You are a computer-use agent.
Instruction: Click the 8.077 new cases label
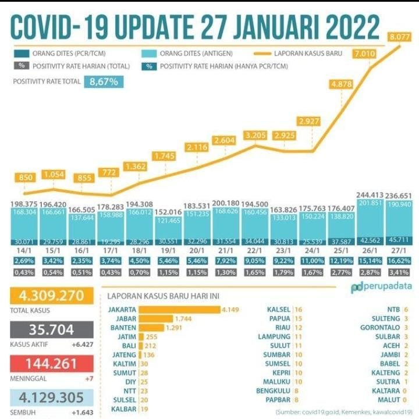point(400,37)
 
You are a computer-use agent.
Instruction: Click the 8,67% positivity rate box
point(105,82)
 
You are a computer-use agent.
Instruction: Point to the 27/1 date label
point(399,248)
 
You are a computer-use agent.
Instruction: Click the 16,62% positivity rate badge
point(399,261)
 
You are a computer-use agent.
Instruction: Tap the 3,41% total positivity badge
point(399,272)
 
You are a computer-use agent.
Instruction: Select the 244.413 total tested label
point(370,195)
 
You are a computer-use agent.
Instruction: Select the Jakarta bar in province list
point(180,309)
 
